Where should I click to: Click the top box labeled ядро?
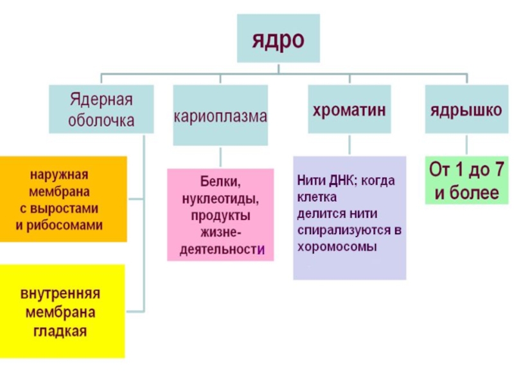click(x=278, y=39)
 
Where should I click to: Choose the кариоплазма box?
click(x=220, y=116)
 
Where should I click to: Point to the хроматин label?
click(x=349, y=110)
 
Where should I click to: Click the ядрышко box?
click(x=466, y=110)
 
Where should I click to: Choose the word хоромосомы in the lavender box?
click(x=337, y=246)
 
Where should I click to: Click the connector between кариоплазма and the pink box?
click(x=220, y=157)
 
